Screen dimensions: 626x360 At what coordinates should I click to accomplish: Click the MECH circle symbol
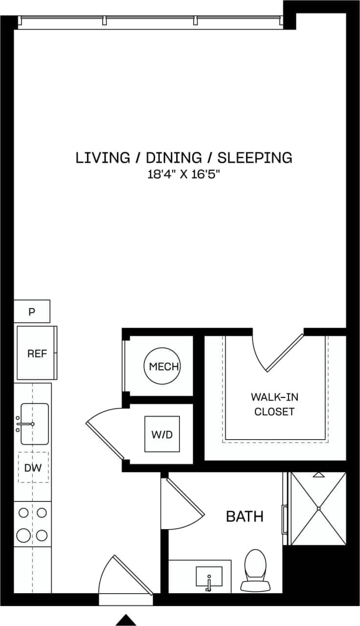pos(162,366)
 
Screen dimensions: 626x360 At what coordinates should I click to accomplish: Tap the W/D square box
pos(162,434)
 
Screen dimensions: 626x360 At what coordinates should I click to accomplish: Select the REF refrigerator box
pos(37,353)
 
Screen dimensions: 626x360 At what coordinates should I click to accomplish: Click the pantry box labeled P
pos(32,312)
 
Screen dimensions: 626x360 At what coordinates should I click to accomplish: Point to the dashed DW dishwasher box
pos(33,468)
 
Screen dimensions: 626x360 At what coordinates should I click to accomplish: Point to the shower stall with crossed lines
pos(318,509)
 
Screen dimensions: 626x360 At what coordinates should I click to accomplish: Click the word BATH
pos(245,516)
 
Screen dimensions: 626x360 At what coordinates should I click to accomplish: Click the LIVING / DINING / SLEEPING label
pos(184,157)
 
